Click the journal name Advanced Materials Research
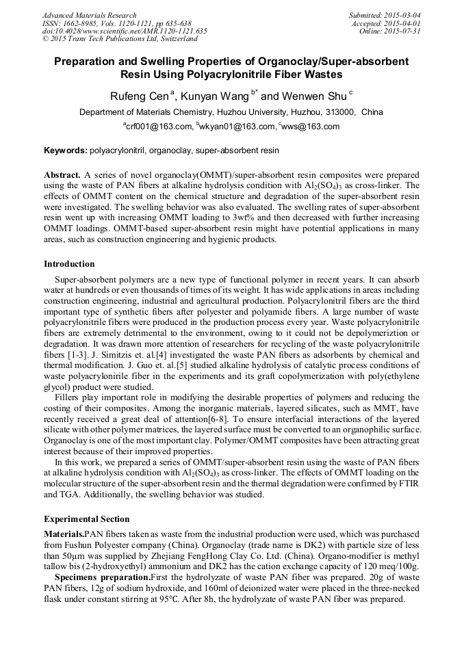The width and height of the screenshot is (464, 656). pyautogui.click(x=90, y=15)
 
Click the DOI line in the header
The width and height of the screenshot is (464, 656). pyautogui.click(x=125, y=31)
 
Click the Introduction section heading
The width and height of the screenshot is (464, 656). pyautogui.click(x=69, y=264)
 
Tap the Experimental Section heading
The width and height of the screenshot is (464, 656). pyautogui.click(x=86, y=519)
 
